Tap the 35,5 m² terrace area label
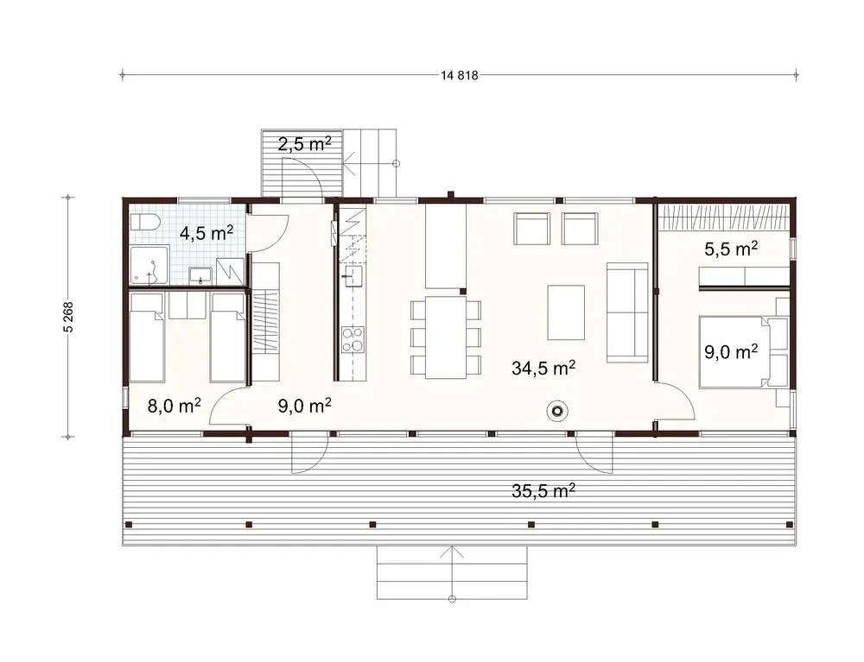click(543, 491)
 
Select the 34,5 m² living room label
click(543, 369)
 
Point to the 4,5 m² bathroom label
click(205, 233)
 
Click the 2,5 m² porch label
click(304, 143)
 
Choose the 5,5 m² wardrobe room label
click(730, 249)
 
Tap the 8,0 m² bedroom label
click(174, 406)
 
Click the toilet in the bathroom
click(144, 223)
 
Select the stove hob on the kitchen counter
click(353, 339)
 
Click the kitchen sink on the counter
click(353, 277)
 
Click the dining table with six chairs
click(446, 337)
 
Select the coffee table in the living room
click(567, 312)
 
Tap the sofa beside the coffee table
click(627, 312)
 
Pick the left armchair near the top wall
click(532, 230)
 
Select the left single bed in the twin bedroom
click(146, 337)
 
